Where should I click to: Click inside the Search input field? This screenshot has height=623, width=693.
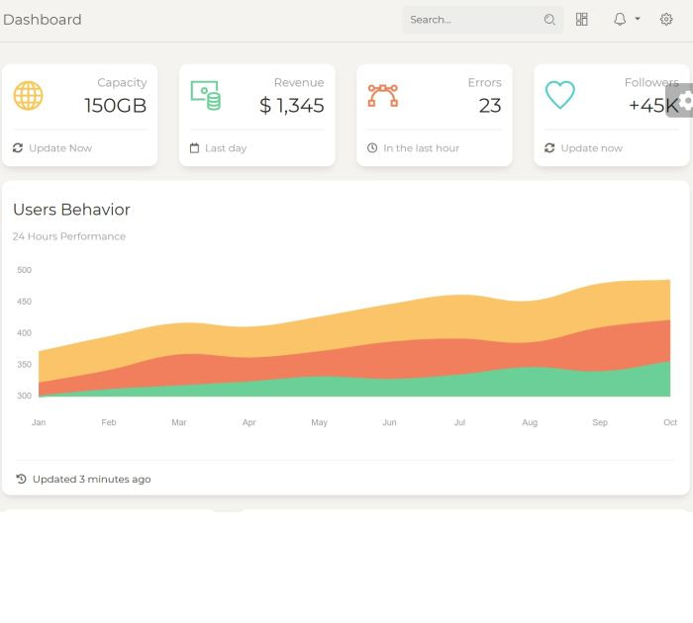coord(473,20)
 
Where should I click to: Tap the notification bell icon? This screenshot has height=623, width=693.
coord(620,20)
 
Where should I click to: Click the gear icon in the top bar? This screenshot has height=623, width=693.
coord(666,20)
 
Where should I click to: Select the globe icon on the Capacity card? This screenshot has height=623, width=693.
coord(28,96)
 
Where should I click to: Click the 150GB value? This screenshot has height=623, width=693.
coord(115,106)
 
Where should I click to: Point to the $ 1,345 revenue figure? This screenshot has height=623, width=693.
coord(292,106)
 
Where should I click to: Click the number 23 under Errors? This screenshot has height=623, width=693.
coord(490,106)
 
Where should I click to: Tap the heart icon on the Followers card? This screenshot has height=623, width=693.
coord(560,96)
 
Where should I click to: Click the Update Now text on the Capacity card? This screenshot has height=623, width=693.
coord(60,148)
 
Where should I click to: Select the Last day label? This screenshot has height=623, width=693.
coord(226,148)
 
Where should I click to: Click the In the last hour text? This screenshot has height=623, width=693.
coord(421,148)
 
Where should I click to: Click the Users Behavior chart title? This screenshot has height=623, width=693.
coord(71,210)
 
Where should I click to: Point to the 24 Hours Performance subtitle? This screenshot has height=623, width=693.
coord(69,236)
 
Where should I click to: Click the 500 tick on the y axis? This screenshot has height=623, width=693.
coord(25,270)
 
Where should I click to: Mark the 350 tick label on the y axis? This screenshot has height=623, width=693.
coord(25,365)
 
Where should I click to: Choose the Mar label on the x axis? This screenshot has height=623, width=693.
coord(179,422)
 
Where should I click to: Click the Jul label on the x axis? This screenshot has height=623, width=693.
coord(459,422)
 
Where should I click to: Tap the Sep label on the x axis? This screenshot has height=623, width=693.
coord(600,422)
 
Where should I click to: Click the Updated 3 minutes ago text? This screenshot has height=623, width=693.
coord(91,480)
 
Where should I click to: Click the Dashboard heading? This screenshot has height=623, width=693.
coord(43,20)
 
